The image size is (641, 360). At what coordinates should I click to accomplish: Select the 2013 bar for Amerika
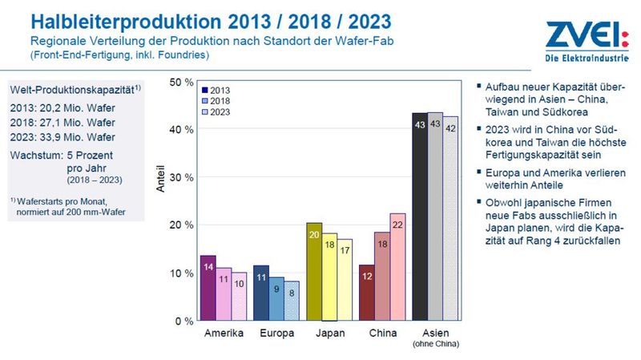[208, 288]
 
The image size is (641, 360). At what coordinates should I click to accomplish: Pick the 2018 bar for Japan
[329, 277]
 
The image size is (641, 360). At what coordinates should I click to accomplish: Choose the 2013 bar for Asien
[419, 216]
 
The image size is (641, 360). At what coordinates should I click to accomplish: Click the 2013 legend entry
[217, 91]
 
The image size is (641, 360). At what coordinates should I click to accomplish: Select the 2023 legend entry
[217, 113]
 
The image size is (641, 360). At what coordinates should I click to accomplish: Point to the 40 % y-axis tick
[183, 130]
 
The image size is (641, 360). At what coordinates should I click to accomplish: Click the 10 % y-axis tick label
[183, 273]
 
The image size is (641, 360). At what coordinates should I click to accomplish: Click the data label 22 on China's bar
[397, 227]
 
